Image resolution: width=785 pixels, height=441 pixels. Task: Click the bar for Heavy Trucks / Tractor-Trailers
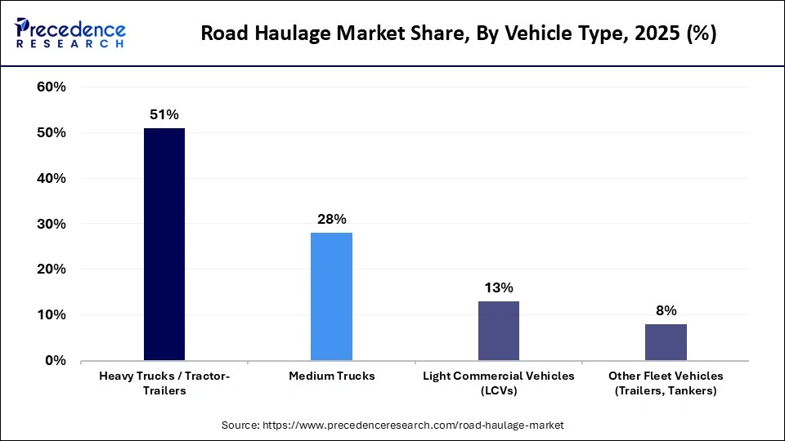(x=164, y=244)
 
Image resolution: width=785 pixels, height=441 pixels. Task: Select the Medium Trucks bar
(x=331, y=296)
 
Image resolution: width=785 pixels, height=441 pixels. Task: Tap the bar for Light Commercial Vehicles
(x=498, y=330)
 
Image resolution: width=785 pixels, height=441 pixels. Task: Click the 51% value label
(x=164, y=115)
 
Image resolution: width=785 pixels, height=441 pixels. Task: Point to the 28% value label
(x=331, y=220)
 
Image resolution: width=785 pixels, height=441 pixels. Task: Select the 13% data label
(x=498, y=287)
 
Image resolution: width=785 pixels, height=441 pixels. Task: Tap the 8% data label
(x=666, y=310)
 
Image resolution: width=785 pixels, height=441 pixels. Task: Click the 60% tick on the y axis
(x=52, y=87)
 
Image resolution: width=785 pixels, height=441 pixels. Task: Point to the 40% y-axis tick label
(x=52, y=178)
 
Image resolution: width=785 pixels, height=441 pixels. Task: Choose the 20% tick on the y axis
(x=52, y=269)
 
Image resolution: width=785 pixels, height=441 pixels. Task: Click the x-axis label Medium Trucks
(x=331, y=376)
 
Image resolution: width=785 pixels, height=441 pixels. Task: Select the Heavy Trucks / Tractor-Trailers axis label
(x=164, y=383)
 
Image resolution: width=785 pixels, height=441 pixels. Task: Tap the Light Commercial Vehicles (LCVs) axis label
(x=498, y=383)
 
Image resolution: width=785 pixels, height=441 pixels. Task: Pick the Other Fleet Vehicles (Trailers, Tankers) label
(x=666, y=383)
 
